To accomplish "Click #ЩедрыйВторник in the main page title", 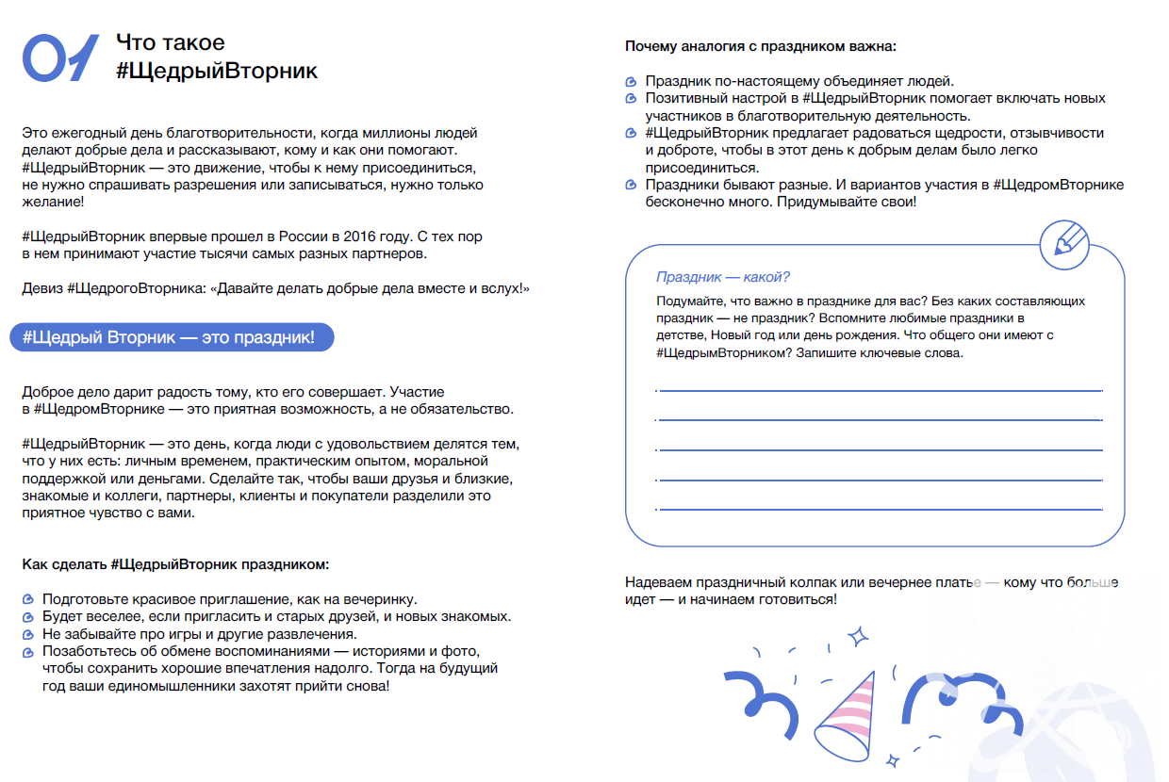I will [x=217, y=71].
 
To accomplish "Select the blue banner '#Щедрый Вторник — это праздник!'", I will [x=172, y=338].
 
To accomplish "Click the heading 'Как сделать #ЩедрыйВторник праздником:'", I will [x=175, y=564].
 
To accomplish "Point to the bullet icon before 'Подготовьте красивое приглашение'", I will [x=28, y=599].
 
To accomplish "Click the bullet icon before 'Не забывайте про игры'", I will [x=28, y=634].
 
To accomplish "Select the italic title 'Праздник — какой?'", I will [x=722, y=277].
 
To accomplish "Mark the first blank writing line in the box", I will [x=879, y=389].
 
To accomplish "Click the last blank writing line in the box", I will [x=879, y=510].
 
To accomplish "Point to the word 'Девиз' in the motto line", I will [x=42, y=288].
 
